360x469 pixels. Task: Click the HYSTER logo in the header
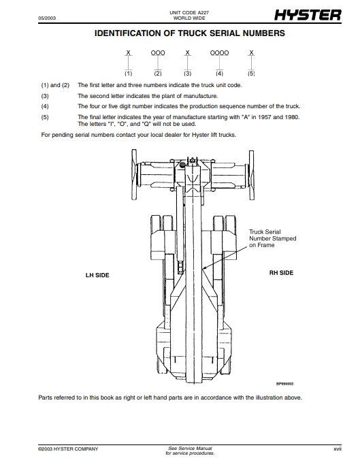point(308,15)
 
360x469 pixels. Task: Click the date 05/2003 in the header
point(47,18)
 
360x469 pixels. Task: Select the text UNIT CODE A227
point(189,12)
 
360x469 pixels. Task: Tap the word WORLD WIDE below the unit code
point(189,18)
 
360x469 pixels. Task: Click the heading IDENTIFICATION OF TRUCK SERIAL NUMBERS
point(190,33)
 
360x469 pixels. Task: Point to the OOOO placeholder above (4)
point(219,53)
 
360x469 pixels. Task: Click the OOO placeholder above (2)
point(158,53)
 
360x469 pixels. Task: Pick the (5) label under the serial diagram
point(251,74)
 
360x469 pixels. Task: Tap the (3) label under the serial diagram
point(187,74)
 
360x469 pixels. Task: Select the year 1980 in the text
point(292,117)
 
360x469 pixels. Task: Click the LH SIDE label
point(97,275)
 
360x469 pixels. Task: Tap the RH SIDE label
point(281,273)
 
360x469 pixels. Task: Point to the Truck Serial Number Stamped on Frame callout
point(273,238)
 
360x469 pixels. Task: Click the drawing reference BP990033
point(284,384)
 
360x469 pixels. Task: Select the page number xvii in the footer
point(338,449)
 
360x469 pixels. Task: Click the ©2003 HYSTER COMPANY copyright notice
point(68,449)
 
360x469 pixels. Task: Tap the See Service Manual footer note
point(190,448)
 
